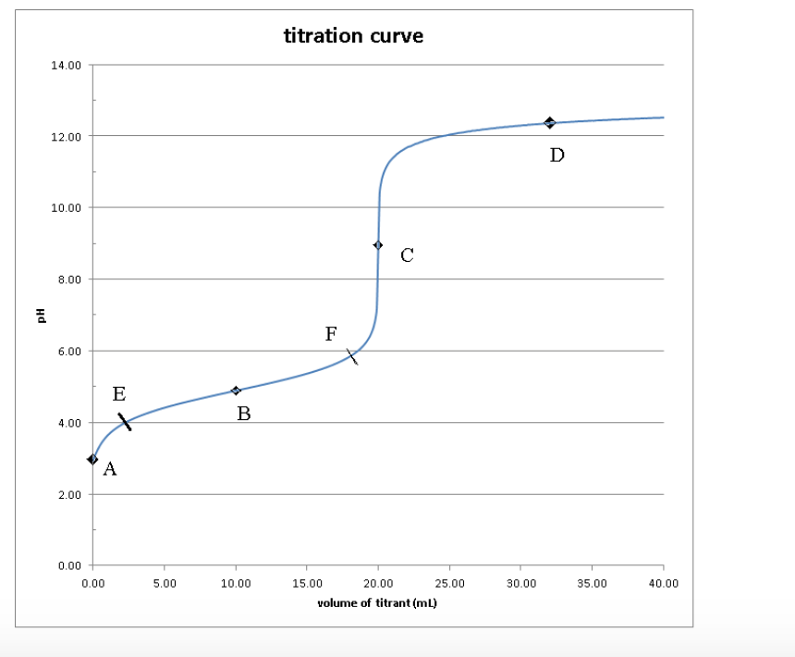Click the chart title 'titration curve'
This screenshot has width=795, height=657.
pos(354,36)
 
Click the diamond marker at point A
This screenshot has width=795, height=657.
pos(92,459)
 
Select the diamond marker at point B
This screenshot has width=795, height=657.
pos(236,390)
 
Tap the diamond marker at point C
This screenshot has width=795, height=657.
pos(378,245)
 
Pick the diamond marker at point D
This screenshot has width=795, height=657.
pos(549,123)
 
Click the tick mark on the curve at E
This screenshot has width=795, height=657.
pos(125,422)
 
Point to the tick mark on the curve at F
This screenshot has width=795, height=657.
pos(352,357)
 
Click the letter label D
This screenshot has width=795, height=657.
pos(556,155)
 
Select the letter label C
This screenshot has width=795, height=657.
pos(407,256)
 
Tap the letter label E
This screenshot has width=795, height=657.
pos(119,395)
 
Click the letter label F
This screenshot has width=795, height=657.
pos(331,334)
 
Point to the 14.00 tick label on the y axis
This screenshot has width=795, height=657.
pos(70,66)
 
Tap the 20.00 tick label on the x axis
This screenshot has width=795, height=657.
pos(378,584)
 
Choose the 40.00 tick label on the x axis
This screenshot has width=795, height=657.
pos(663,584)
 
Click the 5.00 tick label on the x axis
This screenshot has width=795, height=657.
pos(164,584)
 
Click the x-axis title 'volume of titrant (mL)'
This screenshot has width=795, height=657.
pos(376,603)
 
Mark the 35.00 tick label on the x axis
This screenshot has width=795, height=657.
pos(592,584)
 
